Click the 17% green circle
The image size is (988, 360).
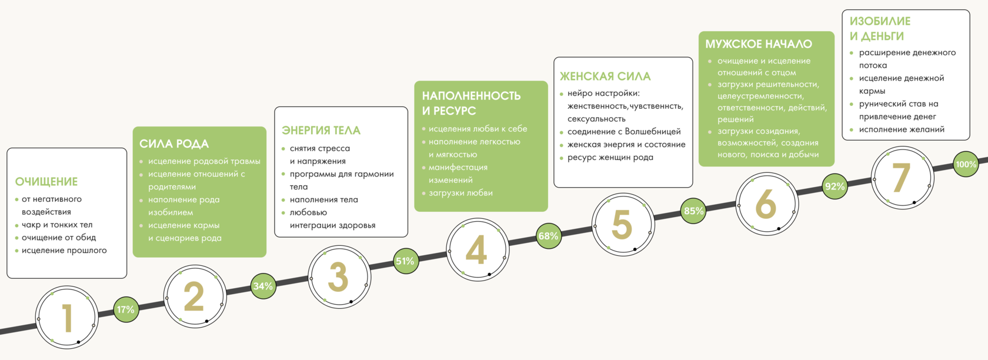[125, 309]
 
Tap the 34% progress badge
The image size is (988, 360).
[263, 286]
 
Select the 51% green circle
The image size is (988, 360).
[405, 261]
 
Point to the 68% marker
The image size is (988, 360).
[548, 236]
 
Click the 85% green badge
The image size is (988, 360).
[694, 211]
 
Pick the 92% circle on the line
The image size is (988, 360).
[835, 186]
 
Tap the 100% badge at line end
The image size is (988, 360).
[966, 165]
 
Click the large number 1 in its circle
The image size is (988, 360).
[67, 318]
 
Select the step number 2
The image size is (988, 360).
[194, 296]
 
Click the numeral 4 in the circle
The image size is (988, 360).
[477, 250]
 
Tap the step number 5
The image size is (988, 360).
[622, 225]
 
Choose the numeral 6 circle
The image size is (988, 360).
[766, 204]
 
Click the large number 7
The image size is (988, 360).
[901, 178]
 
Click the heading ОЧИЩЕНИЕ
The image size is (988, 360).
[46, 182]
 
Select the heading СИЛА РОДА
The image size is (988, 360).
[174, 144]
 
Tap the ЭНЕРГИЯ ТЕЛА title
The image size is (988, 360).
[321, 131]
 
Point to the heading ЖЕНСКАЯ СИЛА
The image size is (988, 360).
[605, 76]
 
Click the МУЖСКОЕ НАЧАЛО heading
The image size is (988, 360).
[759, 44]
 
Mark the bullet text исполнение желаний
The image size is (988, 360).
[902, 129]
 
